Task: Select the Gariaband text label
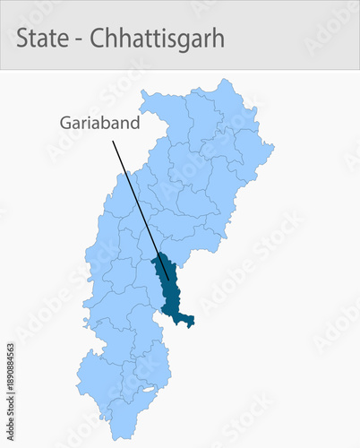click(99, 123)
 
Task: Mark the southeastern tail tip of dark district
click(191, 323)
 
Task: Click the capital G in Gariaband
click(65, 123)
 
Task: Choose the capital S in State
click(22, 39)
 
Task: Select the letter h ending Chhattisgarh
click(218, 39)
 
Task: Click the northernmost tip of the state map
click(220, 80)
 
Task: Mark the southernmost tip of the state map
click(114, 438)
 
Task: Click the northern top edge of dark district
click(160, 256)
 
